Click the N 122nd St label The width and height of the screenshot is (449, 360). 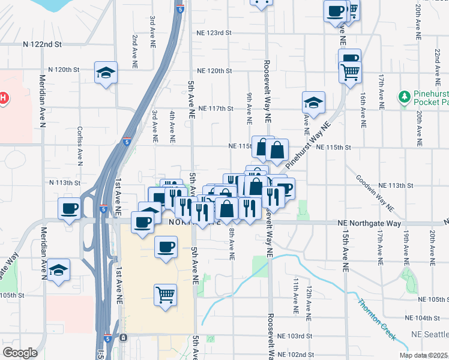tap(43, 44)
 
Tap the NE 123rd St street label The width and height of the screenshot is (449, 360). tap(213, 34)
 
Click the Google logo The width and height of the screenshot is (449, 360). tap(20, 353)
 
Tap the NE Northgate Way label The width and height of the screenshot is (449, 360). tap(369, 223)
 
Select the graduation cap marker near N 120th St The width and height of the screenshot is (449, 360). tap(106, 73)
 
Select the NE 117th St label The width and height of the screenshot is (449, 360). tap(214, 109)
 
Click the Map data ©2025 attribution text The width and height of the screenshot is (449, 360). tap(424, 355)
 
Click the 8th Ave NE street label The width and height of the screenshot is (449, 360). tap(232, 244)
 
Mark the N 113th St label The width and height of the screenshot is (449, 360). tap(64, 182)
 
